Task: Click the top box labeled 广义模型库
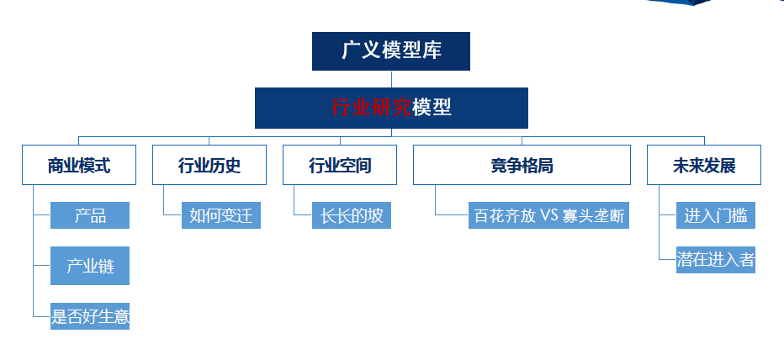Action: pyautogui.click(x=391, y=51)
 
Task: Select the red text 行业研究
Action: pyautogui.click(x=371, y=108)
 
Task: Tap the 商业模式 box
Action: pyautogui.click(x=79, y=165)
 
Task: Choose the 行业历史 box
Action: pyautogui.click(x=209, y=165)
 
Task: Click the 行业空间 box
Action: pyautogui.click(x=340, y=165)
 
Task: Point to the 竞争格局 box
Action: pyautogui.click(x=522, y=165)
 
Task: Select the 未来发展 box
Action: pyautogui.click(x=704, y=165)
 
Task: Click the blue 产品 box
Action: pyautogui.click(x=90, y=215)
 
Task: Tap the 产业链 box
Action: pyautogui.click(x=90, y=266)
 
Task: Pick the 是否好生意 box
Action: pyautogui.click(x=90, y=316)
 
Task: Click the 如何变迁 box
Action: pyautogui.click(x=221, y=215)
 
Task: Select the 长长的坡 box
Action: pyautogui.click(x=352, y=215)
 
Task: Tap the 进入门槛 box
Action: pyautogui.click(x=716, y=215)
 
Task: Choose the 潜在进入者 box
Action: pyautogui.click(x=716, y=260)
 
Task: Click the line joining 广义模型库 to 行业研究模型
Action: pyautogui.click(x=391, y=79)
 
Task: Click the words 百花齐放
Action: pyautogui.click(x=505, y=216)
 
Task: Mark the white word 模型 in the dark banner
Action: pyautogui.click(x=432, y=108)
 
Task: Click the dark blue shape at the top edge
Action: pyautogui.click(x=679, y=3)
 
